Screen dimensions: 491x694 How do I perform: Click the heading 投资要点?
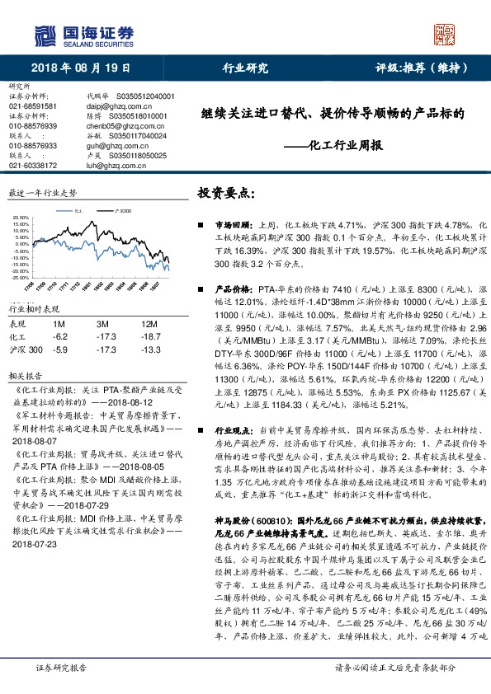(x=227, y=194)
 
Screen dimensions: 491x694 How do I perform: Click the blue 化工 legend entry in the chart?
(x=78, y=211)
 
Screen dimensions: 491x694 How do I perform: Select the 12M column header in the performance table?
(x=150, y=324)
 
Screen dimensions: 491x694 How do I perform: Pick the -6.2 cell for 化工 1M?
(x=59, y=336)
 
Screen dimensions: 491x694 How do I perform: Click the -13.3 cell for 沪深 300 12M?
(x=149, y=349)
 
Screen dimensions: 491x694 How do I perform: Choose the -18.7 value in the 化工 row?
(x=149, y=336)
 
